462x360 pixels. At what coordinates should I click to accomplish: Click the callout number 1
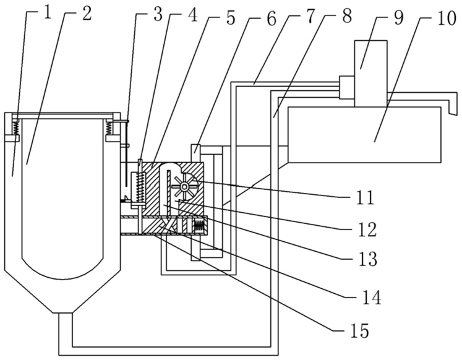(x=47, y=14)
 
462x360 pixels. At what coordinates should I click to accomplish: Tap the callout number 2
(x=87, y=14)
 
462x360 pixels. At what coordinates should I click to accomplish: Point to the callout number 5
(x=231, y=19)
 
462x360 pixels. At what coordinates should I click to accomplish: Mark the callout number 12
(x=367, y=229)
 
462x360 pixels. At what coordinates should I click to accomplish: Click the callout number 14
(x=372, y=298)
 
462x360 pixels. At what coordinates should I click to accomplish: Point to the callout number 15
(x=360, y=331)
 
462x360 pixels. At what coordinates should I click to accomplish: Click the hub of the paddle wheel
(x=185, y=186)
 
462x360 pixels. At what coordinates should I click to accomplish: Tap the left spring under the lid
(x=15, y=127)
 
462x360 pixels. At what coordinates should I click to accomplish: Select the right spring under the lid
(x=109, y=127)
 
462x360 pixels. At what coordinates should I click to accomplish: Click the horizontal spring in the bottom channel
(x=199, y=226)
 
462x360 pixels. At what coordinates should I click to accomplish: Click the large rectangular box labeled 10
(x=365, y=134)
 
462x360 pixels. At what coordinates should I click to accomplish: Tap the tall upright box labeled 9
(x=370, y=74)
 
